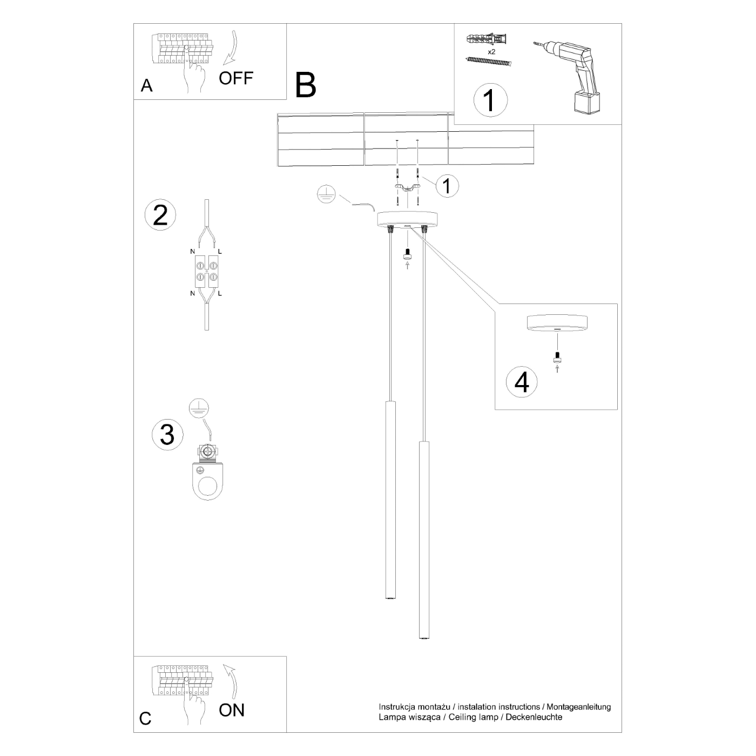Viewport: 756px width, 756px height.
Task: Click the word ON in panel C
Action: [x=232, y=710]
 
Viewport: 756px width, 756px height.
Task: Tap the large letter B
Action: [x=306, y=85]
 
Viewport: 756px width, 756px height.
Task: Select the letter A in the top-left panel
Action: [x=146, y=86]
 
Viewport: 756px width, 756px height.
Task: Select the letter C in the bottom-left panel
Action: [x=145, y=718]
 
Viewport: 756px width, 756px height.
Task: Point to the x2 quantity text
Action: [x=491, y=52]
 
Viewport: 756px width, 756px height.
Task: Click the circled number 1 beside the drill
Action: [x=490, y=100]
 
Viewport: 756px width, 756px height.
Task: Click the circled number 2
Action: [x=160, y=215]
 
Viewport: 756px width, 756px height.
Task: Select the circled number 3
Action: [x=167, y=434]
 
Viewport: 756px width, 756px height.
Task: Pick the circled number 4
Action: [x=522, y=382]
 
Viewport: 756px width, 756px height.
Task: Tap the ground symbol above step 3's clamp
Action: [x=199, y=409]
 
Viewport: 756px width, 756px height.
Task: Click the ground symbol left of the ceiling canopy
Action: [x=327, y=194]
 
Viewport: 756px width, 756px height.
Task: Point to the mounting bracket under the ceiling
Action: [x=408, y=187]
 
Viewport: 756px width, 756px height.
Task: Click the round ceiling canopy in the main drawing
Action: [x=408, y=219]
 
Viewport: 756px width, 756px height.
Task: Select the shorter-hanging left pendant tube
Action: [x=390, y=500]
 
